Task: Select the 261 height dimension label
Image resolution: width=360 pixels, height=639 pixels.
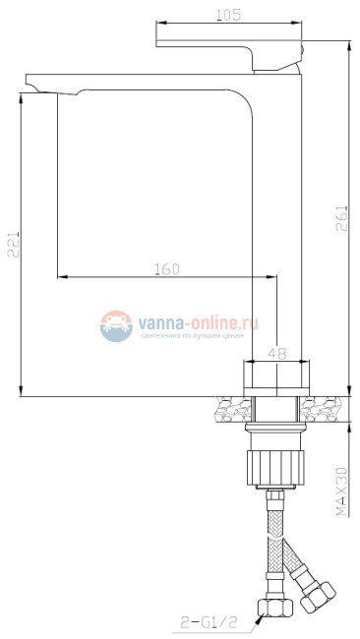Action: click(x=341, y=216)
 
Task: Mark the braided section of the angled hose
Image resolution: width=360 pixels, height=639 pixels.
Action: click(x=295, y=560)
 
